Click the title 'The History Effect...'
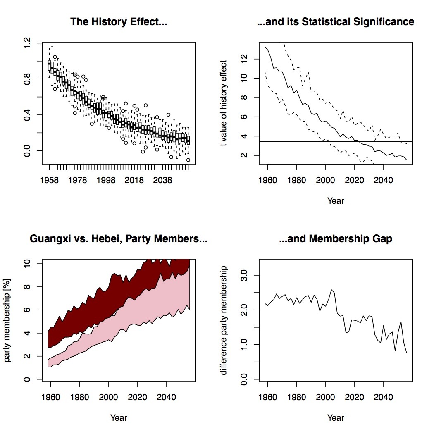(x=119, y=21)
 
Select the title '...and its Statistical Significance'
(x=336, y=21)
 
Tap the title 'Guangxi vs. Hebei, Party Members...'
(x=119, y=238)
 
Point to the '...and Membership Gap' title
(x=336, y=238)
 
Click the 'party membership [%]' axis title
(x=7, y=320)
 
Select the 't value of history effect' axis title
(x=224, y=103)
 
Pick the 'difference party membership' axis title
(x=224, y=320)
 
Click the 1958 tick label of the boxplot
(x=49, y=180)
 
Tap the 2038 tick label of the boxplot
(x=162, y=180)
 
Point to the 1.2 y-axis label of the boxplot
(x=27, y=43)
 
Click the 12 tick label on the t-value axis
(x=244, y=59)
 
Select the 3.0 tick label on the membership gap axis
(x=244, y=275)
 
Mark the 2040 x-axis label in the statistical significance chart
(x=383, y=180)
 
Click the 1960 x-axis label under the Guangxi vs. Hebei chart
(x=51, y=397)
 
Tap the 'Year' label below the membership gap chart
(x=336, y=417)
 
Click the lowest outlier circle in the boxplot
(x=188, y=160)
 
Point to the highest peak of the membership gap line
(x=331, y=290)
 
